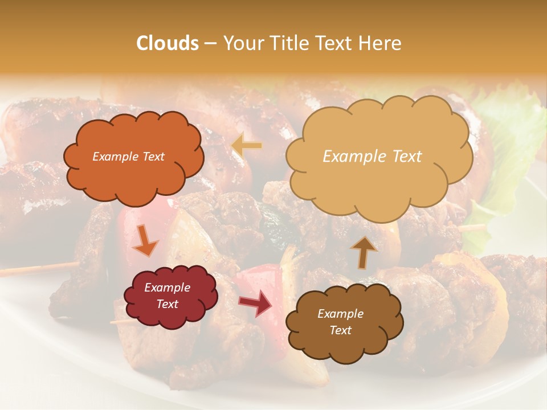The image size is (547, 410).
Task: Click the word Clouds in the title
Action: tap(168, 43)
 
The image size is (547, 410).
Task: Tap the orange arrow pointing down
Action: tap(145, 240)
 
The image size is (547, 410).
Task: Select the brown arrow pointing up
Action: tap(364, 252)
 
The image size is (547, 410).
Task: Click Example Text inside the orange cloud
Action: tap(128, 157)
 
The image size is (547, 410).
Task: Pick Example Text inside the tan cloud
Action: tap(372, 157)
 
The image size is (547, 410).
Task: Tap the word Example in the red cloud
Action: tap(167, 288)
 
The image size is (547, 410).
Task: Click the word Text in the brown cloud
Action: tap(341, 330)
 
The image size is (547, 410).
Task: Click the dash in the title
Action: tap(210, 43)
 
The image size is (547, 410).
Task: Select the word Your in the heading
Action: tap(240, 43)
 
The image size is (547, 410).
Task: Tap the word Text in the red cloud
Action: tap(167, 304)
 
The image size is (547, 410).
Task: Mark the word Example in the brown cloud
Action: tap(340, 314)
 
